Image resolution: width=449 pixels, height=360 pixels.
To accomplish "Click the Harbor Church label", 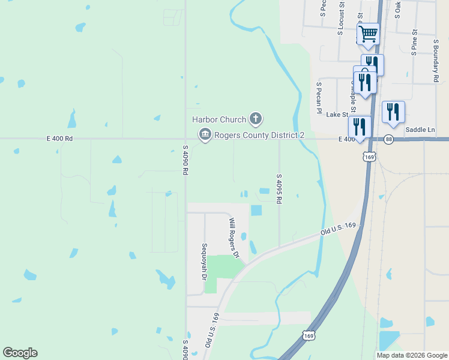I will (220, 119).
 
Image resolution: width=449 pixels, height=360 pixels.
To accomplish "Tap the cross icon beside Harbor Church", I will (256, 118).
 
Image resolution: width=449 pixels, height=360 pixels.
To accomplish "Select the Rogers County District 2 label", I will (259, 135).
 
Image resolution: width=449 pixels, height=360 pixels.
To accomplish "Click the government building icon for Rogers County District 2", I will (205, 134).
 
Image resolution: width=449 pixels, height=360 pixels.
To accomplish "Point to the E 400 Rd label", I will (59, 139).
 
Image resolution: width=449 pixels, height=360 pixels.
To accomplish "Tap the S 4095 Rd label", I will (279, 189).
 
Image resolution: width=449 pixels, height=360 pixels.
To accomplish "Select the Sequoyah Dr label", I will (205, 262).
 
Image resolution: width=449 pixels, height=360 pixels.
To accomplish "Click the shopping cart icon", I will (368, 34).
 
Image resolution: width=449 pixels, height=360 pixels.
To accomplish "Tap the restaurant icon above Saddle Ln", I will (393, 112).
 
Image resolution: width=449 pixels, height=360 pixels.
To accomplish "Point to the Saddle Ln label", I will (420, 130).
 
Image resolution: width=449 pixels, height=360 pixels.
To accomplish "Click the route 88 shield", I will (390, 139).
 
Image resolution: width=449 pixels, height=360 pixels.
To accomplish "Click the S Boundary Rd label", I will (435, 61).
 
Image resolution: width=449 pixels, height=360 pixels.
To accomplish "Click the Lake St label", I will (337, 114).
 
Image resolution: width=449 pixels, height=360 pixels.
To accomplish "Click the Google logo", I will (20, 353).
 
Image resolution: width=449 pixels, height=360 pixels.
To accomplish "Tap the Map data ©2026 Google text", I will (412, 355).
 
